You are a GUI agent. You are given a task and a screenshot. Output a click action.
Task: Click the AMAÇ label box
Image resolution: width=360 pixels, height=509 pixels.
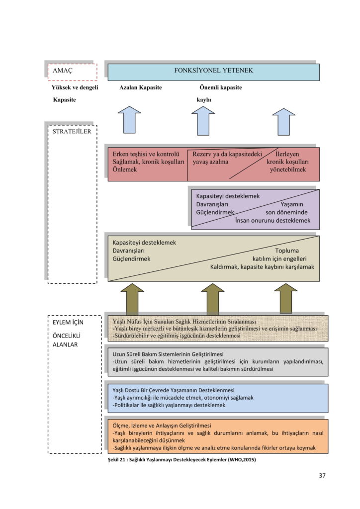coord(72,72)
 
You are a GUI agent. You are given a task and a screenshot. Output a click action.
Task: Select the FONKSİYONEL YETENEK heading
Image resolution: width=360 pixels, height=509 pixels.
coord(213,71)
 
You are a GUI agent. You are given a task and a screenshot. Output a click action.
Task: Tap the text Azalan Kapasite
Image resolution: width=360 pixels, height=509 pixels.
coord(140,87)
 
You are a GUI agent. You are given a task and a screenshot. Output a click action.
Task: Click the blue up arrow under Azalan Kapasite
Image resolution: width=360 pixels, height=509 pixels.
coord(130,120)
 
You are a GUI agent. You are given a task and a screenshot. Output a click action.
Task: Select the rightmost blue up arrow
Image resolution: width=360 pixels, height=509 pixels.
coord(284,121)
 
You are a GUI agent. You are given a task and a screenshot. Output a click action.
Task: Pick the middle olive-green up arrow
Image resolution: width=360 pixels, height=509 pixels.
coord(213,298)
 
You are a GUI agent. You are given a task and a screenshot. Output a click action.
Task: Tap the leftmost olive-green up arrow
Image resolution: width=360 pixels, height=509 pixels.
coord(132,298)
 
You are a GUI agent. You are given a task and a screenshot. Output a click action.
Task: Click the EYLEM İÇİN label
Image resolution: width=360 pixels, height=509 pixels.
coord(68,322)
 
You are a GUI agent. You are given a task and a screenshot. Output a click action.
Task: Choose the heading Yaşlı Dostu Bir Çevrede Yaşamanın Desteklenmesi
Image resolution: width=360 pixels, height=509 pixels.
coord(174,390)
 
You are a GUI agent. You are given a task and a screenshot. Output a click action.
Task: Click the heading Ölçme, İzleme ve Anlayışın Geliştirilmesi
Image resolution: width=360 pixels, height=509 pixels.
coord(162,425)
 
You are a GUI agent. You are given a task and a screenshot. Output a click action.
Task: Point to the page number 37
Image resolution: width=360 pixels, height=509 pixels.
coord(322,475)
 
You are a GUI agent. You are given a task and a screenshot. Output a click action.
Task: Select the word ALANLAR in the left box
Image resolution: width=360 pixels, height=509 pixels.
coord(67,344)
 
